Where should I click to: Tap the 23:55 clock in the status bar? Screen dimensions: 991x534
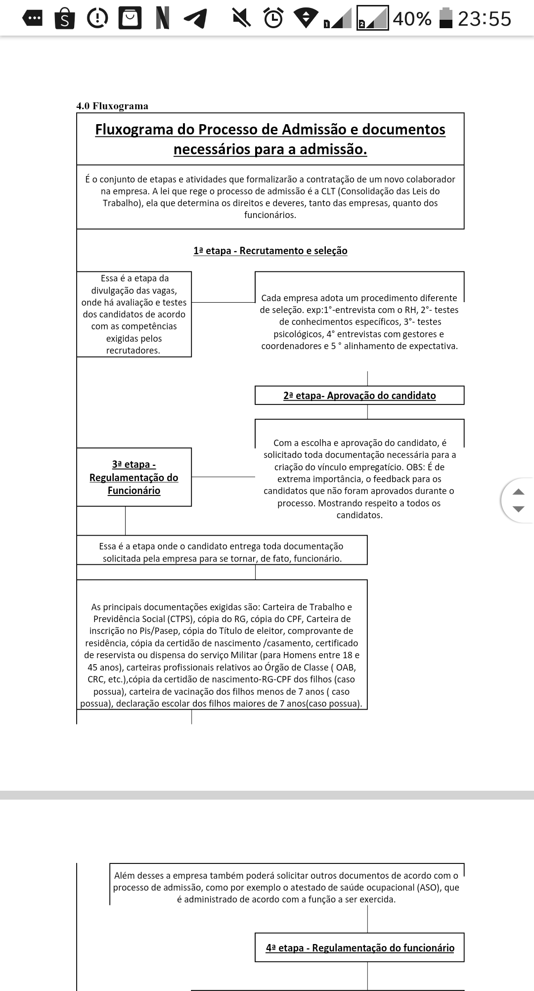[x=484, y=19]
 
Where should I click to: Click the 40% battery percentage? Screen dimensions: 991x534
[x=412, y=19]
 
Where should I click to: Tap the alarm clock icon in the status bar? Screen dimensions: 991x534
[x=273, y=18]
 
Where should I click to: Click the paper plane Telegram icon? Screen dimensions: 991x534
[x=195, y=19]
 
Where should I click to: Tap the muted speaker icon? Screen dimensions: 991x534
[x=241, y=18]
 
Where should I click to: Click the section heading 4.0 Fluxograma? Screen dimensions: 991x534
[x=112, y=106]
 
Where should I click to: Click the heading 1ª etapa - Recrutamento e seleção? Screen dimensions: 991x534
[x=270, y=251]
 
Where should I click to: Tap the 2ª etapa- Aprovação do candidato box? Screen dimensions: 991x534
[x=359, y=396]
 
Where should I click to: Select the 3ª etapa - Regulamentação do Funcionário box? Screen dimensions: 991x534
[x=134, y=477]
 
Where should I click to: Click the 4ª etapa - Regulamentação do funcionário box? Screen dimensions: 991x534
[x=359, y=947]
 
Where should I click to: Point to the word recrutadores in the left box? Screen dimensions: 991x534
[x=133, y=351]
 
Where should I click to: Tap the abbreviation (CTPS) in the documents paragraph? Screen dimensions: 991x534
[x=181, y=619]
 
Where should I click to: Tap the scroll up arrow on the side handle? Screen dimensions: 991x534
[x=518, y=492]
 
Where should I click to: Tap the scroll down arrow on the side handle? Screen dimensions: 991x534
[x=518, y=509]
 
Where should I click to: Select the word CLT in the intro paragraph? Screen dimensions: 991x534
[x=328, y=191]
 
